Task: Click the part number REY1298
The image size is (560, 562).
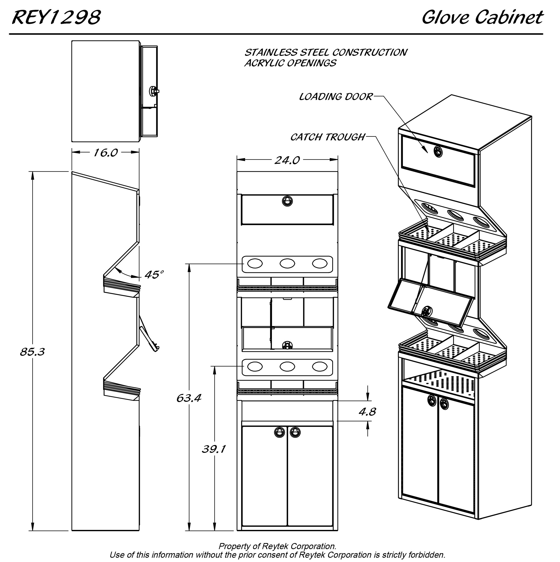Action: (56, 17)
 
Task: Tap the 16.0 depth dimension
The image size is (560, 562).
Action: (106, 153)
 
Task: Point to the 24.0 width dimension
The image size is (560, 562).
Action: (287, 160)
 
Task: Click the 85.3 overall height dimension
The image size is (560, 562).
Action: (32, 352)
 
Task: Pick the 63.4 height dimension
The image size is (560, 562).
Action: (189, 398)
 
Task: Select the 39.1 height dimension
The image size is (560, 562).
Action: (214, 450)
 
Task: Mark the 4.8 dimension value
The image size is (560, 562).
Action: (367, 412)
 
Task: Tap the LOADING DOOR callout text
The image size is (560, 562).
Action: (336, 97)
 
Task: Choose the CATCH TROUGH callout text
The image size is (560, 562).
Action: (327, 137)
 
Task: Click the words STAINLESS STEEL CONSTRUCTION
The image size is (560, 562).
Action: (325, 52)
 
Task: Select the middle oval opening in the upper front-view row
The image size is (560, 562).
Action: (287, 263)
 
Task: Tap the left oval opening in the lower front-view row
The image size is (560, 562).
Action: (255, 366)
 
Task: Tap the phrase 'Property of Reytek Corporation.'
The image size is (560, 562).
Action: (277, 546)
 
